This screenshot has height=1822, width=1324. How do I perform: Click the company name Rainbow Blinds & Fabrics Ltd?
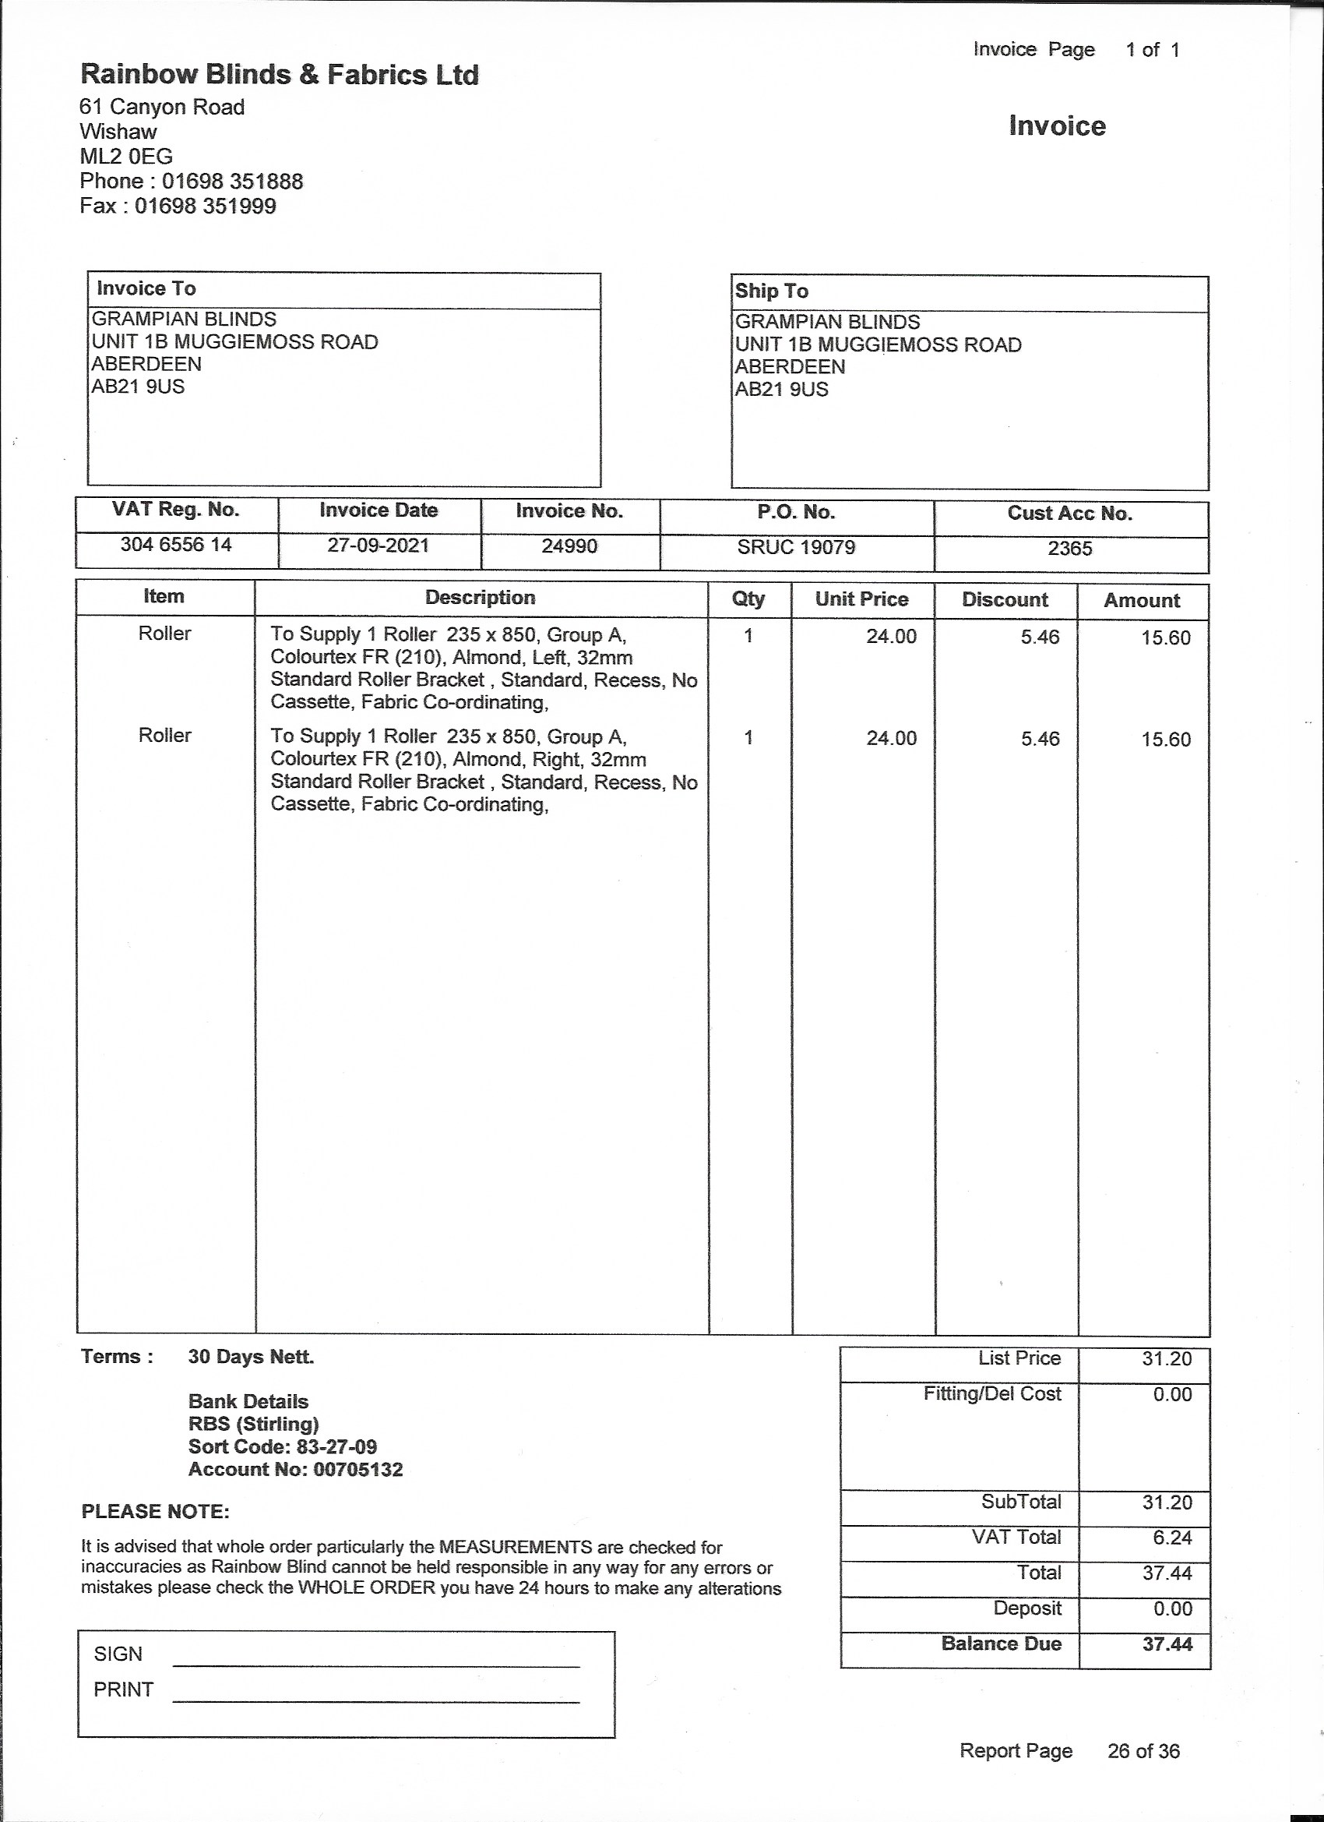coord(280,75)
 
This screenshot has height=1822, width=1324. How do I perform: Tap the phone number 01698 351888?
coord(232,181)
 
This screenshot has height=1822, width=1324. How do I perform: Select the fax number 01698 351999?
coord(205,206)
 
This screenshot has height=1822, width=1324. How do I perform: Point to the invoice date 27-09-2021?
coord(379,546)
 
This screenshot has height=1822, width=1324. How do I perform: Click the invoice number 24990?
coord(569,546)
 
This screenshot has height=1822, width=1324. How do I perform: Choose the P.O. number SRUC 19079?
coord(797,547)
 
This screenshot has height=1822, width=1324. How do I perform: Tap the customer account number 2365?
coord(1070,548)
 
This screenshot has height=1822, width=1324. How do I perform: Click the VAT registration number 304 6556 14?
coord(176,545)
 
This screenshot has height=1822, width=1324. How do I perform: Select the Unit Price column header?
coord(861,599)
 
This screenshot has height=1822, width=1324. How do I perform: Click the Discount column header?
coord(1005,599)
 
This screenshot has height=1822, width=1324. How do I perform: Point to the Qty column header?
coord(748,599)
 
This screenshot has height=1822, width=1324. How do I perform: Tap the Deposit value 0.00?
coord(1172,1608)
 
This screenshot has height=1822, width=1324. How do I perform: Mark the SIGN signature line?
coord(375,1665)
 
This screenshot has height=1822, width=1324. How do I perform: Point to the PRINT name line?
coord(375,1700)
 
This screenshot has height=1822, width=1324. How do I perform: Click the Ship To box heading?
coord(772,291)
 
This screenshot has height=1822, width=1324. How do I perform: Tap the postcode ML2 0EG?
coord(126,156)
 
